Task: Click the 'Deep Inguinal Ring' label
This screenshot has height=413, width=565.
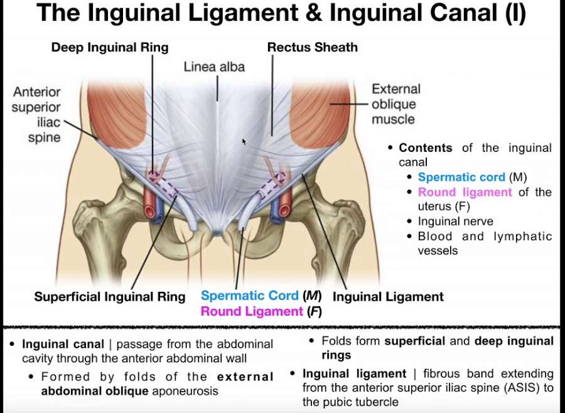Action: click(110, 47)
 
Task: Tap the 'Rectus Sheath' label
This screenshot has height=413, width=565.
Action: click(312, 47)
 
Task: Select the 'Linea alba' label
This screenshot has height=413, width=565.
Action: click(214, 67)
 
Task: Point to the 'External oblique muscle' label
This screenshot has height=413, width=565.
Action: click(395, 104)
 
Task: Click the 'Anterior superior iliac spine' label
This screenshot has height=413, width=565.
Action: click(36, 114)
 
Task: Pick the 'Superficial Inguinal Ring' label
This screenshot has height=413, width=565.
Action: click(110, 297)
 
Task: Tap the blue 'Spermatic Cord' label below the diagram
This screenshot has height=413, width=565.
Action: click(249, 296)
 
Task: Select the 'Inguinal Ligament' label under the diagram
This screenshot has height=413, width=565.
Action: click(388, 297)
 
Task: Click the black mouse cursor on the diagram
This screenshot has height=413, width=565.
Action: click(244, 142)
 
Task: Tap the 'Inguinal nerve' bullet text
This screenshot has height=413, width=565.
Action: click(456, 221)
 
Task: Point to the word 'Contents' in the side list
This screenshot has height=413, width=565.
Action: click(425, 148)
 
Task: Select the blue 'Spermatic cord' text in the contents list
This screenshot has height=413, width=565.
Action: click(461, 177)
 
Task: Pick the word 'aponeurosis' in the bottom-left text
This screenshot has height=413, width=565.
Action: click(188, 391)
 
